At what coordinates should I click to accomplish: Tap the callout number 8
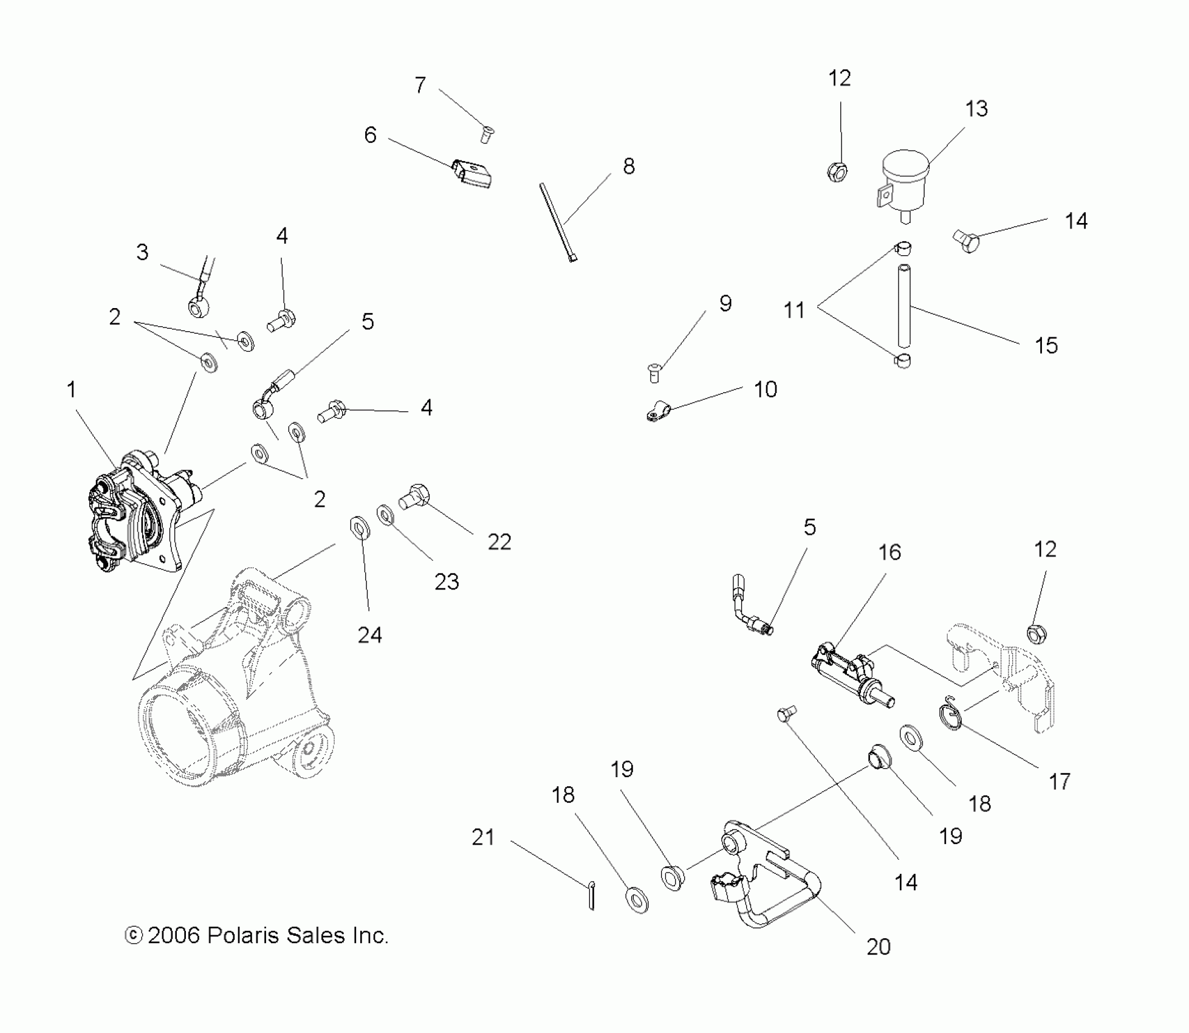tap(629, 166)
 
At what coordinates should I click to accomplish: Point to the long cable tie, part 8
tap(557, 222)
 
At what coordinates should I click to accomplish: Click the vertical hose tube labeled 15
tap(903, 304)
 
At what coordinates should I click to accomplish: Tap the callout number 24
tap(369, 635)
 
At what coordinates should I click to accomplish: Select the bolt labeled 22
tap(414, 495)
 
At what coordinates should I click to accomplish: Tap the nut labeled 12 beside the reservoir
tap(837, 172)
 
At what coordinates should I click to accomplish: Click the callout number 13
tap(976, 109)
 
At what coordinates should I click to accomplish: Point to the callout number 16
tap(889, 552)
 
